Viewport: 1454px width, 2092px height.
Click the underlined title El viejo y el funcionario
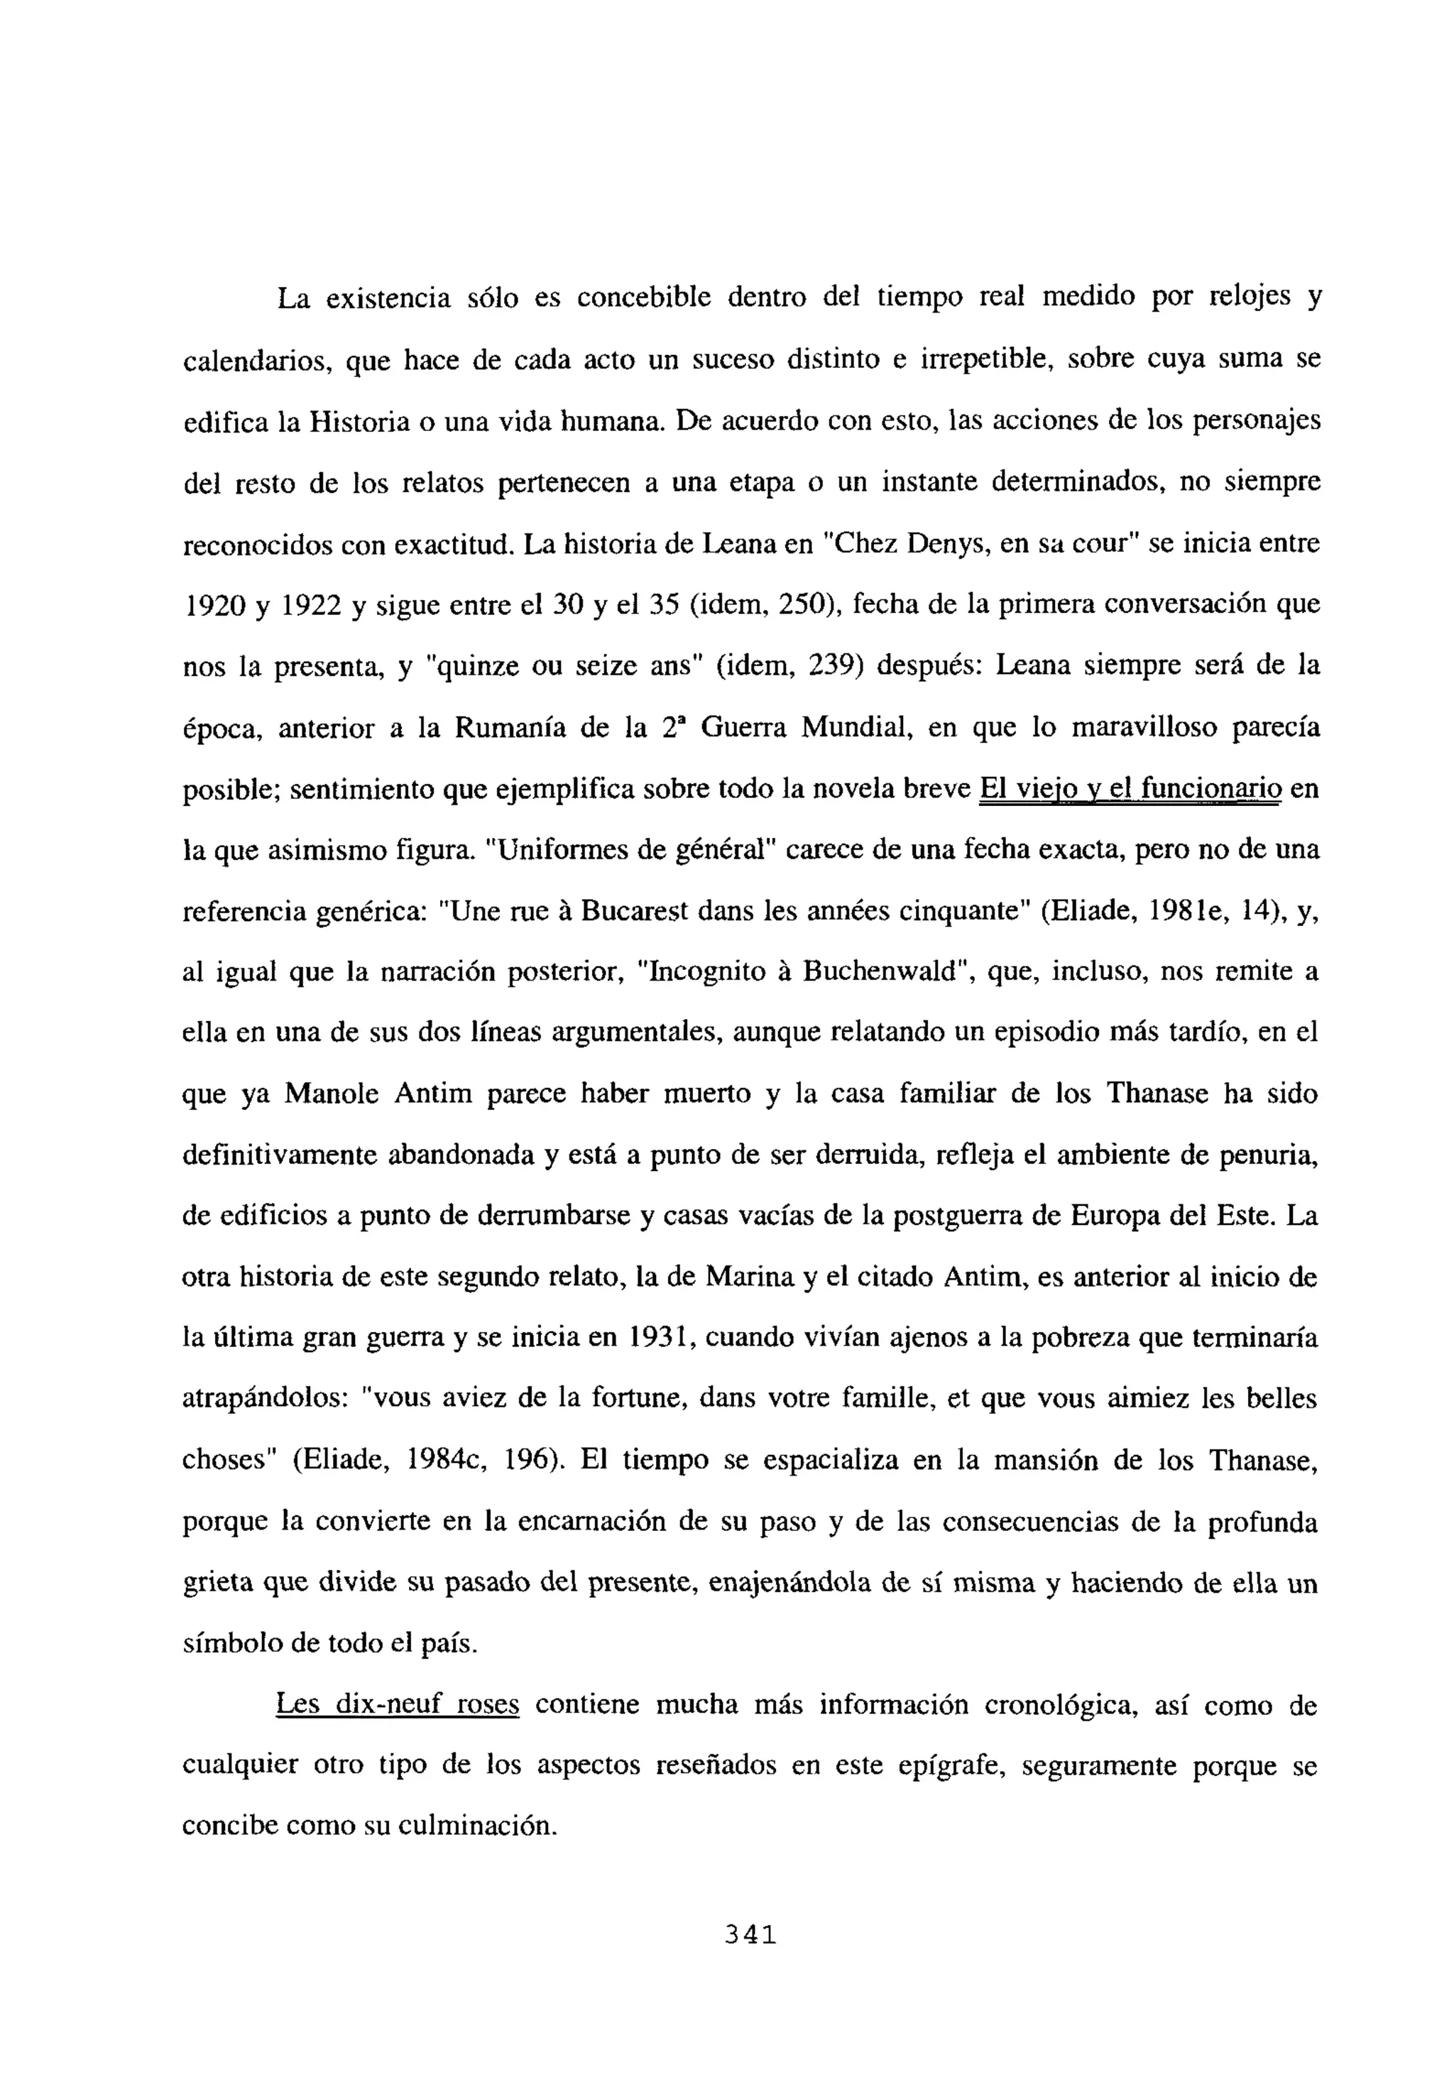click(1130, 788)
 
